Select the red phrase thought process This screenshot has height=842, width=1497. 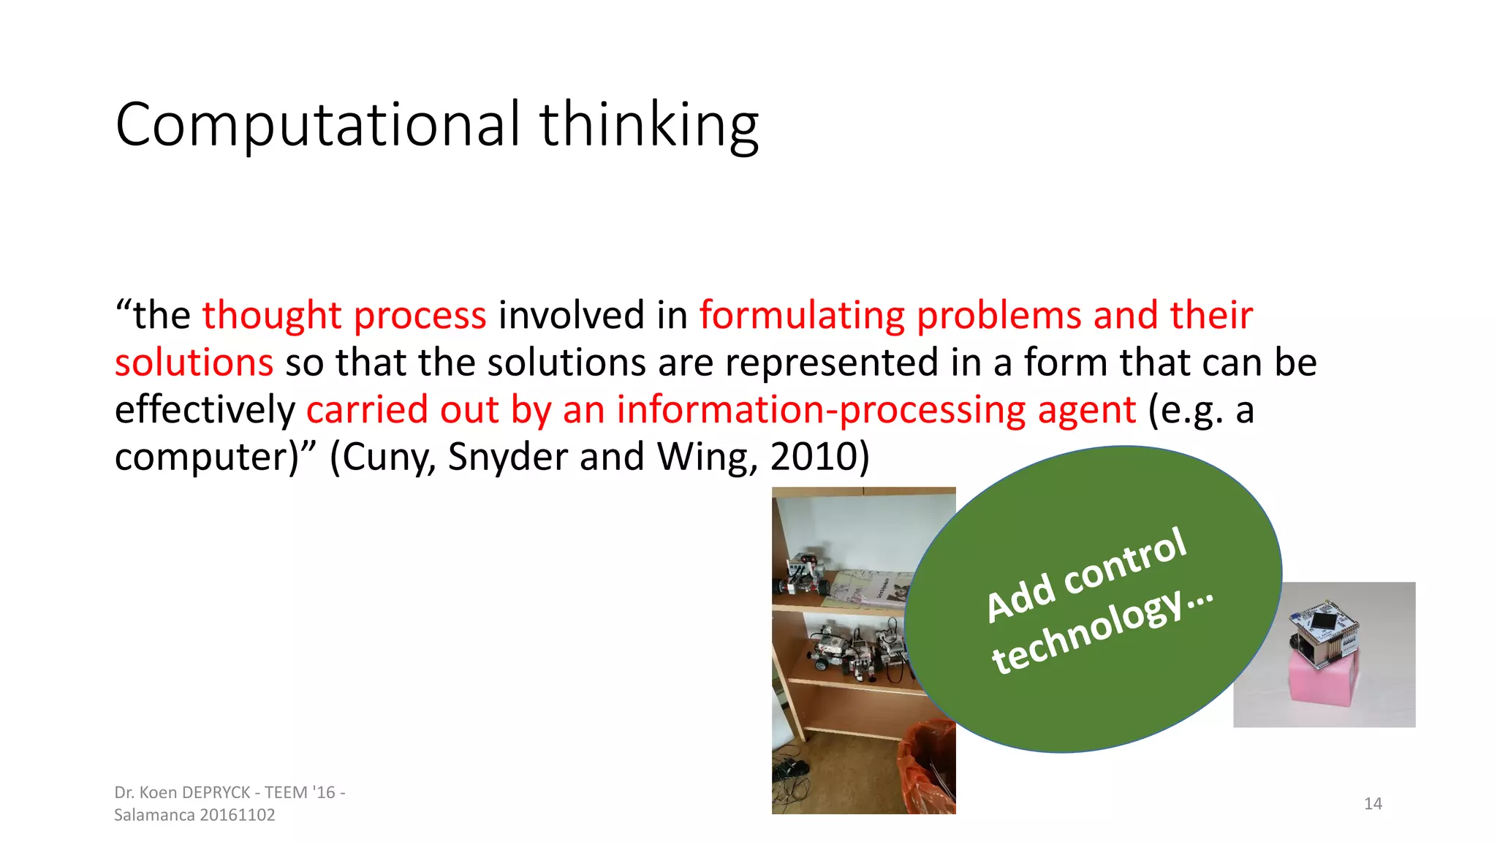344,316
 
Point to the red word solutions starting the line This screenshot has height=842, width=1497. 194,363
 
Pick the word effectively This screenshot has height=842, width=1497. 205,410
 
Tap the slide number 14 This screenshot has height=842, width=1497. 1373,804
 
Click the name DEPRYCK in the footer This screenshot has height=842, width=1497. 216,792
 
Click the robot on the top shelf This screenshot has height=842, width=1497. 804,574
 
